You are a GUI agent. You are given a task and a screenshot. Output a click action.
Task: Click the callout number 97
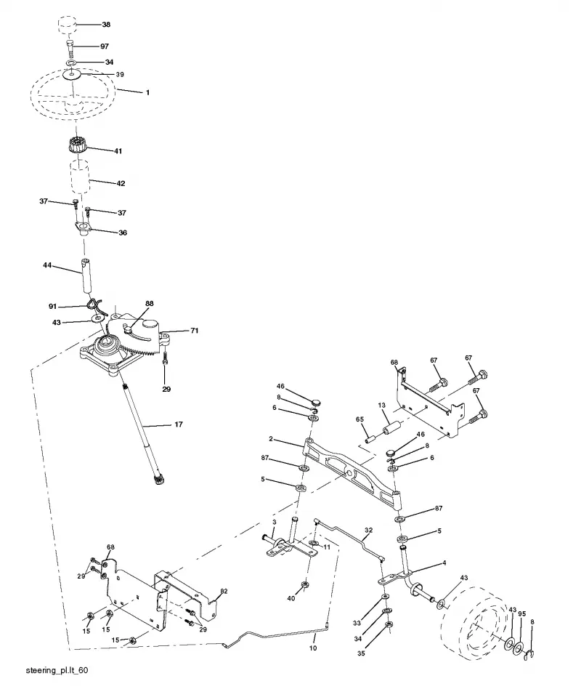(105, 47)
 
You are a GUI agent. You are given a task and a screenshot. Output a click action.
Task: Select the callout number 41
(118, 151)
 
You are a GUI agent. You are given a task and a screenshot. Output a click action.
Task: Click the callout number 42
(121, 183)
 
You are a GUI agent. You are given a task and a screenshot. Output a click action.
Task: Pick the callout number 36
(123, 233)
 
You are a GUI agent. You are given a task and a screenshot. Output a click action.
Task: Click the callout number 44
(47, 265)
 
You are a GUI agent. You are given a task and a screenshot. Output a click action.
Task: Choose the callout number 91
(53, 307)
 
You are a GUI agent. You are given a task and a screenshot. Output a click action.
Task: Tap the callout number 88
(150, 304)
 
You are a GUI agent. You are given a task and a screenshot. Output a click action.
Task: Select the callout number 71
(194, 331)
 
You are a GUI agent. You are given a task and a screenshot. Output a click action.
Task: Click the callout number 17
(179, 424)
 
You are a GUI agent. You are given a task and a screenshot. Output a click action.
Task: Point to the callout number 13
(382, 406)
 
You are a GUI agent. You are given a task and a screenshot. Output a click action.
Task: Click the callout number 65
(359, 419)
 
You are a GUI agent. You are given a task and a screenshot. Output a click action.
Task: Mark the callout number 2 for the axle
(271, 439)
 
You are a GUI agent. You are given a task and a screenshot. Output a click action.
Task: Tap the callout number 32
(369, 531)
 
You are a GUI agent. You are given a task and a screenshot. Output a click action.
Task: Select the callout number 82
(224, 591)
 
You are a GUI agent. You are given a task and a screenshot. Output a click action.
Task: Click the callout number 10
(313, 648)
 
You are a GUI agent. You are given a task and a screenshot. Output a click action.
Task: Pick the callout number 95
(522, 614)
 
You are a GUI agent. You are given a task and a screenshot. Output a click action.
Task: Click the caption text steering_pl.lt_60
(57, 670)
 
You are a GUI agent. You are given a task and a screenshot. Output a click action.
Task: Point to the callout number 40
(291, 598)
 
